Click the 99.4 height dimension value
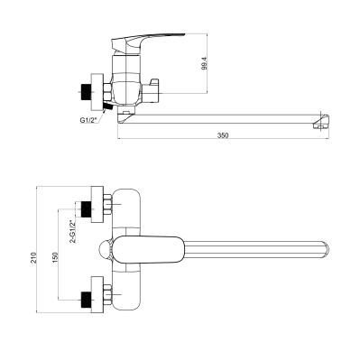(x=204, y=63)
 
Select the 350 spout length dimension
(x=223, y=135)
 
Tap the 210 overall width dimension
(x=35, y=257)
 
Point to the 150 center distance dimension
(x=55, y=258)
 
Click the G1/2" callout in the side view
(x=88, y=120)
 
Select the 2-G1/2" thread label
(x=72, y=231)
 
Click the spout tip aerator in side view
(x=321, y=121)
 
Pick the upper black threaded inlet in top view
(x=86, y=209)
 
